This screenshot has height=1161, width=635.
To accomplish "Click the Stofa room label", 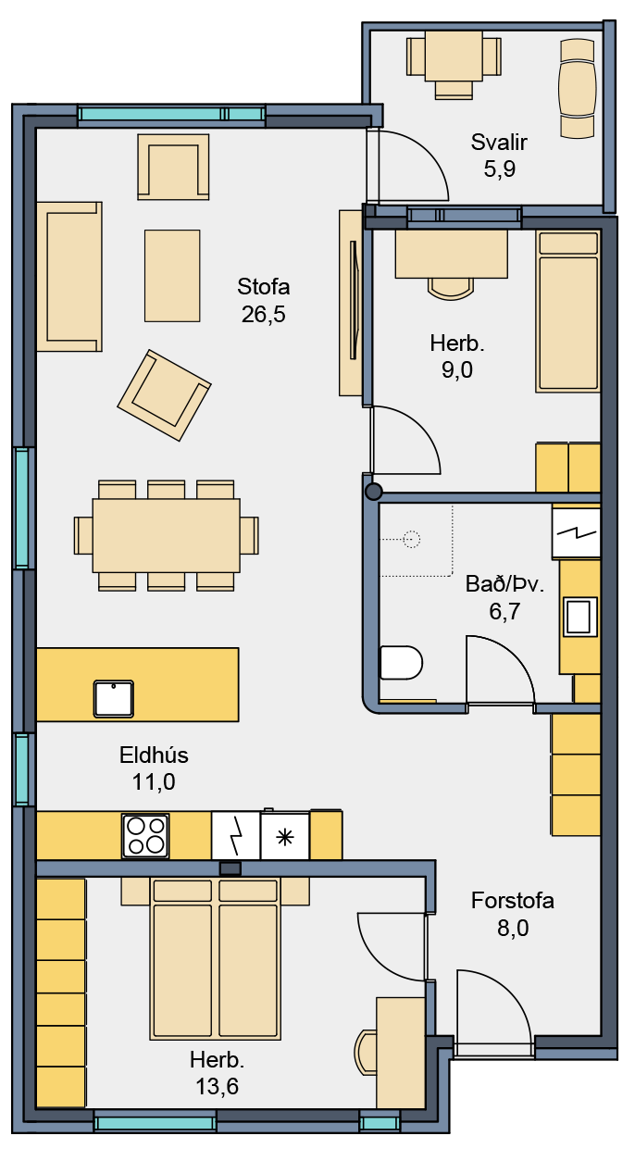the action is pyautogui.click(x=263, y=287).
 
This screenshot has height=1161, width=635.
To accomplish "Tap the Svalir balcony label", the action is pyautogui.click(x=499, y=142).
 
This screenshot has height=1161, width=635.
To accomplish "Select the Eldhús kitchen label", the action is pyautogui.click(x=154, y=755).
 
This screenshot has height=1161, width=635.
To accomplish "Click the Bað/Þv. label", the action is pyautogui.click(x=504, y=584).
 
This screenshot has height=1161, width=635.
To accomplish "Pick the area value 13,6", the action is pyautogui.click(x=218, y=1086).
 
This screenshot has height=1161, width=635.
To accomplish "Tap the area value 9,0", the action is pyautogui.click(x=457, y=370).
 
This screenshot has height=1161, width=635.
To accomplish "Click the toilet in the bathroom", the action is pyautogui.click(x=401, y=662).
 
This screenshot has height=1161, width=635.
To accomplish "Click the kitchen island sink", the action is pyautogui.click(x=114, y=699).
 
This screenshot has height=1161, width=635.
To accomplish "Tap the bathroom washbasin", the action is pyautogui.click(x=579, y=617).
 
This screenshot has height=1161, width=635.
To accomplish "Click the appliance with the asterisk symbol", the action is pyautogui.click(x=284, y=836).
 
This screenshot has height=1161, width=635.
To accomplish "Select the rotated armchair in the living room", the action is pyautogui.click(x=164, y=395).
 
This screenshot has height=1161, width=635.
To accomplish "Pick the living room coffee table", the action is pyautogui.click(x=172, y=276).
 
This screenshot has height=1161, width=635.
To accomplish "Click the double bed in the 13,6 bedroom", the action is pyautogui.click(x=215, y=958).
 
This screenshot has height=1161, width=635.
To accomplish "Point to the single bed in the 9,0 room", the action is pyautogui.click(x=567, y=311).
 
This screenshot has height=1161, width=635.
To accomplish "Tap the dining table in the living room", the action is pyautogui.click(x=167, y=535).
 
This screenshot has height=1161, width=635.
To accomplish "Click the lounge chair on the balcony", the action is pyautogui.click(x=577, y=89).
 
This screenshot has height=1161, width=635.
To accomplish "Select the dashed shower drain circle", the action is pyautogui.click(x=412, y=539).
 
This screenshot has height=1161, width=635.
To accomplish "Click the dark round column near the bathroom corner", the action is pyautogui.click(x=373, y=492).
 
